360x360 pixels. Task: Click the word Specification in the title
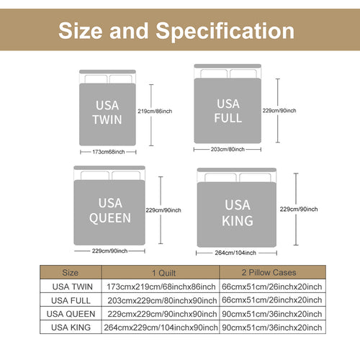click(225, 31)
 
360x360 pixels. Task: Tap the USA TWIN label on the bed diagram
click(107, 112)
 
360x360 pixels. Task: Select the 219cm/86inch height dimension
click(155, 111)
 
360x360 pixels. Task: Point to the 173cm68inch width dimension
click(109, 152)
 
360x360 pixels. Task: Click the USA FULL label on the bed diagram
click(228, 111)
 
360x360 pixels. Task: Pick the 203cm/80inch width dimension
click(228, 149)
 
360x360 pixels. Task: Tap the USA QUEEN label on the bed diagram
click(110, 210)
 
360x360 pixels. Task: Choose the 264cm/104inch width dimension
click(235, 253)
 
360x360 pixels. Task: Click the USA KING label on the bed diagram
click(238, 213)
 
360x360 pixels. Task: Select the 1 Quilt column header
click(164, 273)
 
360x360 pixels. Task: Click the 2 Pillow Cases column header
click(269, 272)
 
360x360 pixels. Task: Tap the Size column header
click(70, 273)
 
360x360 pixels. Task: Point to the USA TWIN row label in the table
click(72, 287)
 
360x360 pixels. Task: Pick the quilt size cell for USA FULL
click(162, 300)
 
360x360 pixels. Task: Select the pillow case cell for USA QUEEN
click(271, 314)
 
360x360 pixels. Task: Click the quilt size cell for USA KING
click(161, 328)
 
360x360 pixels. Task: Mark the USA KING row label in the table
click(71, 328)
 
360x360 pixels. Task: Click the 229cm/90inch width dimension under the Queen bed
click(109, 251)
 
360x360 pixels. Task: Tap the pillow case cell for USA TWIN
click(271, 287)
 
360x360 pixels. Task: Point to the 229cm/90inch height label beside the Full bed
click(279, 111)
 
